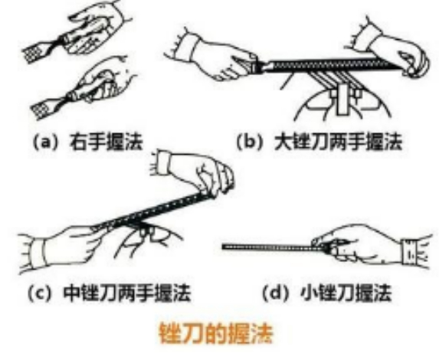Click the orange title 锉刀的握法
[216, 334]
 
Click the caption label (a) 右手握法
[86, 140]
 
